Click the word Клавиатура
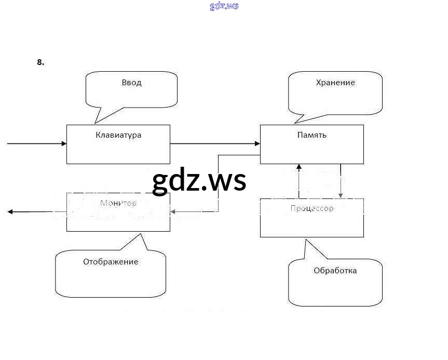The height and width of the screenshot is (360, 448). click(x=118, y=135)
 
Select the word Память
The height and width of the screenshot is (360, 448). click(x=311, y=135)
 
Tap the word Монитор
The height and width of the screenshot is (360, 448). click(x=118, y=203)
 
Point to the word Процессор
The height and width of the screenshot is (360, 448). click(x=311, y=209)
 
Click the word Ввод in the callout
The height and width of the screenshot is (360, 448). click(x=131, y=83)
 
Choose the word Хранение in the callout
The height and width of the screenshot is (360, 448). click(x=335, y=83)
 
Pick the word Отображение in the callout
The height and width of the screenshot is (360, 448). click(x=111, y=262)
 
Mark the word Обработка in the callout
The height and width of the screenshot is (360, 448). click(x=335, y=271)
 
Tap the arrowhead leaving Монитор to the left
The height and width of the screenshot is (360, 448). click(x=11, y=211)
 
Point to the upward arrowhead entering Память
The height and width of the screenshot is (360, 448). click(x=298, y=167)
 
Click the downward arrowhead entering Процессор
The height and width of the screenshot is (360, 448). click(x=341, y=195)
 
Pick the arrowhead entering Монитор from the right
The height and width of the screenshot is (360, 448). click(x=173, y=211)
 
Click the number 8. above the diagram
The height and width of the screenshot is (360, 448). click(x=40, y=62)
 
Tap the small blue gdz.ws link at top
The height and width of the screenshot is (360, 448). click(x=224, y=6)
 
